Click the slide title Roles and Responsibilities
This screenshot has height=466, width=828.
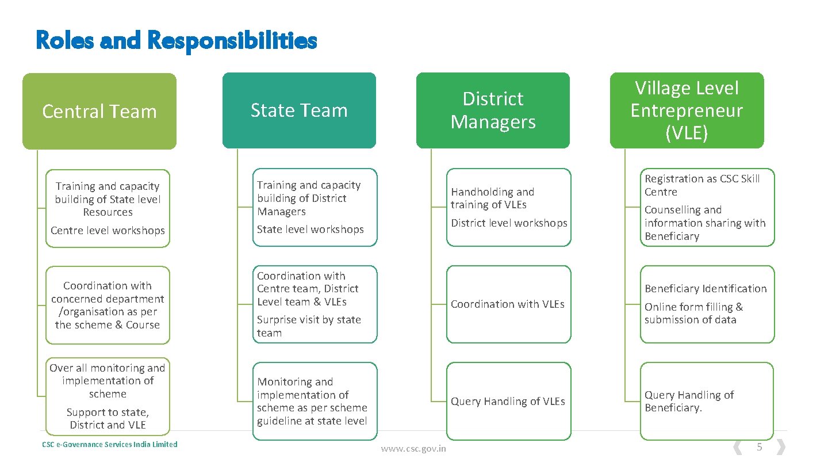pyautogui.click(x=176, y=40)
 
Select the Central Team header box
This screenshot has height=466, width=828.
pyautogui.click(x=99, y=111)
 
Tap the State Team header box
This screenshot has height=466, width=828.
pyautogui.click(x=299, y=110)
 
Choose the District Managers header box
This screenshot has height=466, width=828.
pyautogui.click(x=493, y=110)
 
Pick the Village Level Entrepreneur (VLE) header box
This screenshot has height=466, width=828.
pyautogui.click(x=687, y=110)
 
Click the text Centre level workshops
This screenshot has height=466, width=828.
pyautogui.click(x=108, y=231)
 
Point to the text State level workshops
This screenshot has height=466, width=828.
pyautogui.click(x=310, y=230)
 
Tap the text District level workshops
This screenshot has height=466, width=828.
pyautogui.click(x=509, y=223)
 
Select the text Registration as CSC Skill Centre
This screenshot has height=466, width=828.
pyautogui.click(x=701, y=185)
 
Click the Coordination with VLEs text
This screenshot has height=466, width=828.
pyautogui.click(x=508, y=304)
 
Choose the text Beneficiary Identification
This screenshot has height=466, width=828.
pyautogui.click(x=706, y=289)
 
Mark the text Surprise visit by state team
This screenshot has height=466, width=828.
pyautogui.click(x=309, y=326)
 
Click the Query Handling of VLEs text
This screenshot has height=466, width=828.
pyautogui.click(x=508, y=402)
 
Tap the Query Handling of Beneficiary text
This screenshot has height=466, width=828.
pyautogui.click(x=689, y=402)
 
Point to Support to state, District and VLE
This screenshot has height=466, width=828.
pyautogui.click(x=108, y=419)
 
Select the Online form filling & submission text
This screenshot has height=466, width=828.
pyautogui.click(x=693, y=314)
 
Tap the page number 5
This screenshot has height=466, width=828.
pyautogui.click(x=759, y=447)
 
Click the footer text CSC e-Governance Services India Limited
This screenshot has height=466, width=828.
pyautogui.click(x=110, y=444)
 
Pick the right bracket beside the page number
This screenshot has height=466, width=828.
pyautogui.click(x=780, y=447)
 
